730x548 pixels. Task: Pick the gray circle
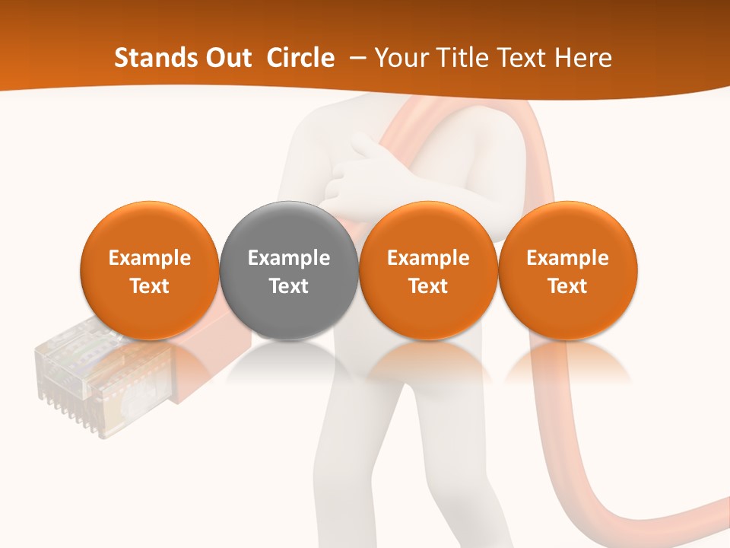point(289,270)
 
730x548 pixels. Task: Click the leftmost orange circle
point(150,270)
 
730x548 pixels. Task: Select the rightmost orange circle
point(567,270)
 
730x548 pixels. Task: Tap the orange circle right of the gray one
point(428,270)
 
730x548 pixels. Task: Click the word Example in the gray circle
point(289,258)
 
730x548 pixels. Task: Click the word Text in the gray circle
point(289,286)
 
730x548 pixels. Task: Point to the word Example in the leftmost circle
point(150,258)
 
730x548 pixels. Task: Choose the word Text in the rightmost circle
point(567,286)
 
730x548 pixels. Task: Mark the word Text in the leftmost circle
point(150,286)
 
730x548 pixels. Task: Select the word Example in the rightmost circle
point(567,258)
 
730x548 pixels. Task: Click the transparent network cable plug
point(72,377)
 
